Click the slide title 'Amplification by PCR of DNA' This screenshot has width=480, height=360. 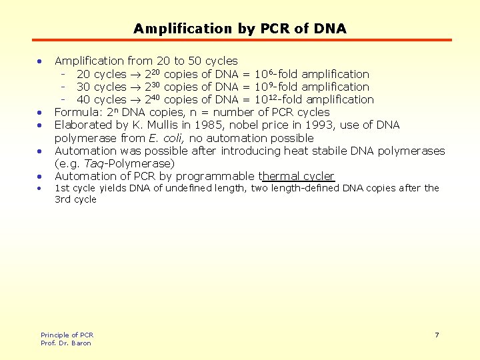(240, 29)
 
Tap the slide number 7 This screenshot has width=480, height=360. (437, 335)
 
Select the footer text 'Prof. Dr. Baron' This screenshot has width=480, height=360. (66, 343)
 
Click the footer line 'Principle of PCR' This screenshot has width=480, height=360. (67, 335)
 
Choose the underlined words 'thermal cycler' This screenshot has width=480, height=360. (298, 176)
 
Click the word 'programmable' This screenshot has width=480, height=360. (221, 176)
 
